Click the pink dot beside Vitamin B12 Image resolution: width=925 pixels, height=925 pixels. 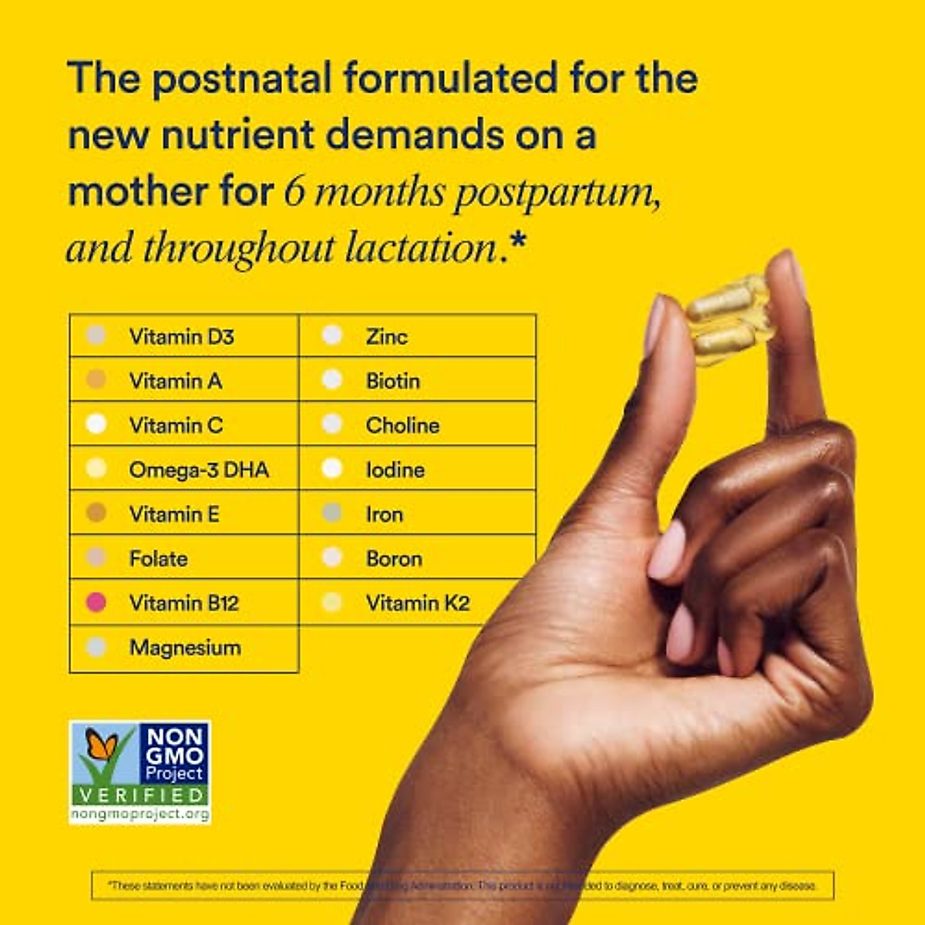[96, 602]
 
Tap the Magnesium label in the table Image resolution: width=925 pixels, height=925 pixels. [185, 647]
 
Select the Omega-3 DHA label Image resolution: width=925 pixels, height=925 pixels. [199, 469]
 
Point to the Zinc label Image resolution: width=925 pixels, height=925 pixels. [386, 336]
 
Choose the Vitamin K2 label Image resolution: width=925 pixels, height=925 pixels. [417, 603]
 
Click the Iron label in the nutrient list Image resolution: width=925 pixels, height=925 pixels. [384, 514]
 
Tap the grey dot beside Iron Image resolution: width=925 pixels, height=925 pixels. [332, 513]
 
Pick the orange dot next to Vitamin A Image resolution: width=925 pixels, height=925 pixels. [96, 379]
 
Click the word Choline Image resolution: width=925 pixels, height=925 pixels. [402, 425]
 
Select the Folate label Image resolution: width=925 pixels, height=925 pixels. [158, 558]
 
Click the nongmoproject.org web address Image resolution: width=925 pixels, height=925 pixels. [140, 814]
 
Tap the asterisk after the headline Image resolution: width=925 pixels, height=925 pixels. [517, 240]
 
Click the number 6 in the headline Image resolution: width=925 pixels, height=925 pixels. [294, 193]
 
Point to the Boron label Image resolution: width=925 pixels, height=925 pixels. [394, 558]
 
